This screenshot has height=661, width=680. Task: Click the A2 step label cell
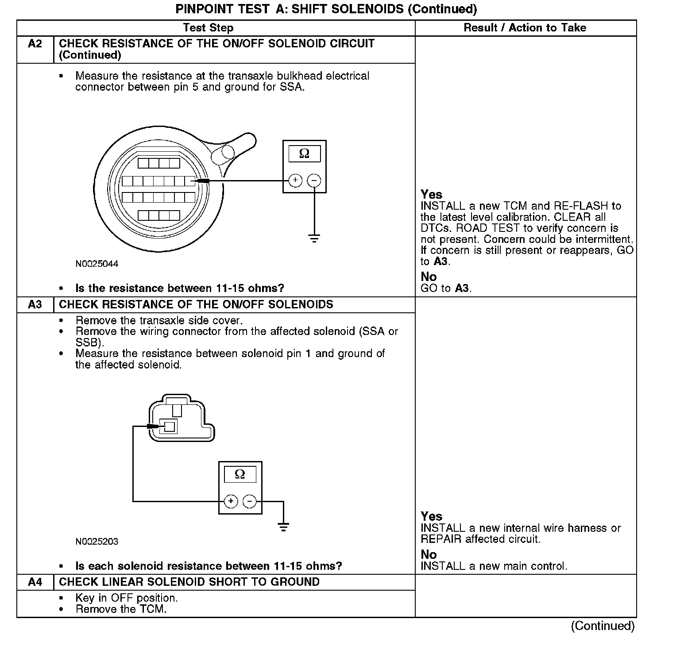click(35, 44)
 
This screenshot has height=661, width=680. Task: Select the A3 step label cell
click(35, 305)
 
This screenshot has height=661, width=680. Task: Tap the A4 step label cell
click(35, 582)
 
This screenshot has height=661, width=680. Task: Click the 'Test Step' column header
click(208, 28)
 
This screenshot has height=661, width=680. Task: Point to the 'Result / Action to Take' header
click(525, 28)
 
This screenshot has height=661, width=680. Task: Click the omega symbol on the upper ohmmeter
click(304, 154)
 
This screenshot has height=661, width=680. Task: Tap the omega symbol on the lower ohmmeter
click(240, 474)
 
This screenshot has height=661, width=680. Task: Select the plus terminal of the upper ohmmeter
click(295, 181)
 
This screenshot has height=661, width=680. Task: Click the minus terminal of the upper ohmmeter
click(314, 181)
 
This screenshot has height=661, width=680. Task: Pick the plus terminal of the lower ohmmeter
click(231, 501)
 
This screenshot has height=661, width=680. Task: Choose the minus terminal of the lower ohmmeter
click(250, 501)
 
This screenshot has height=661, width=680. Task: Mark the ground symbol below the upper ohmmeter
click(314, 238)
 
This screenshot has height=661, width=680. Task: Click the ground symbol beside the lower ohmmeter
click(283, 526)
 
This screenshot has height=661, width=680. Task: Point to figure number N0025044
click(97, 264)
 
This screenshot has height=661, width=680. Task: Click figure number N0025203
click(97, 542)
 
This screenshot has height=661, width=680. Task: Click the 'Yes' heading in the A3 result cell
click(431, 516)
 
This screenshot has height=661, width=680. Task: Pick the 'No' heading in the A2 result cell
click(429, 277)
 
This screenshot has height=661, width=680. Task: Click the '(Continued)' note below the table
click(603, 626)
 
